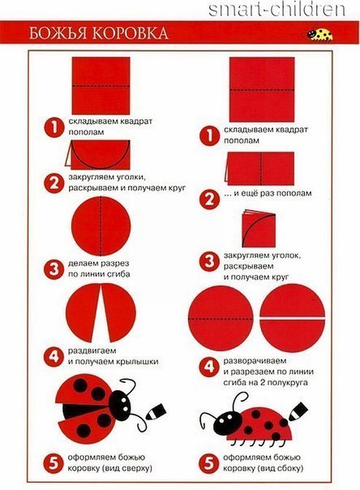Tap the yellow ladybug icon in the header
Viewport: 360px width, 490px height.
[319, 33]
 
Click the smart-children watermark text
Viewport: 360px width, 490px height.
[276, 10]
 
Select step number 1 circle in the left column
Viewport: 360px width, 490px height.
[54, 127]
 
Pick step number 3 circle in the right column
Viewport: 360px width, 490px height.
[209, 261]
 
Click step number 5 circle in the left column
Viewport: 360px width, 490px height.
[54, 463]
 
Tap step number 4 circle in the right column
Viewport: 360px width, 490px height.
[209, 367]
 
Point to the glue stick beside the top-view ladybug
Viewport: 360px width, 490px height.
[156, 411]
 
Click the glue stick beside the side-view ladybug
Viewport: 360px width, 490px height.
[298, 411]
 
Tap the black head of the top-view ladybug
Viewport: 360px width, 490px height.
[120, 404]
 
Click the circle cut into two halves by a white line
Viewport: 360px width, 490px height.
[293, 318]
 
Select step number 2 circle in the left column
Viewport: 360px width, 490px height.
[54, 183]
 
